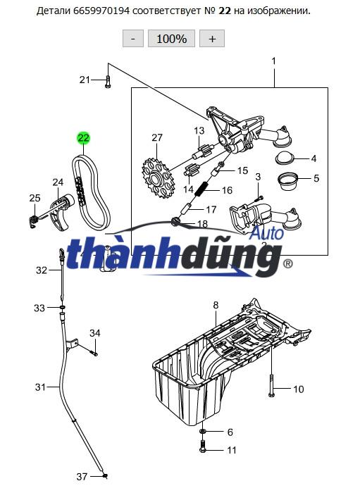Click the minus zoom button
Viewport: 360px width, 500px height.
[133, 39]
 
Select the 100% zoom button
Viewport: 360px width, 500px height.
[171, 39]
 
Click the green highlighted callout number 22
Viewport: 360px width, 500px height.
[83, 138]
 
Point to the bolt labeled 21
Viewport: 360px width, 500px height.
[108, 82]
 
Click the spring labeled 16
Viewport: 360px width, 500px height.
[204, 189]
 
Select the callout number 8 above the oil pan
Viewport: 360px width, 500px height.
[216, 305]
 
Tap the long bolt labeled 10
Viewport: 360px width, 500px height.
[271, 386]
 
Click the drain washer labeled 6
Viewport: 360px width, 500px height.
[203, 432]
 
